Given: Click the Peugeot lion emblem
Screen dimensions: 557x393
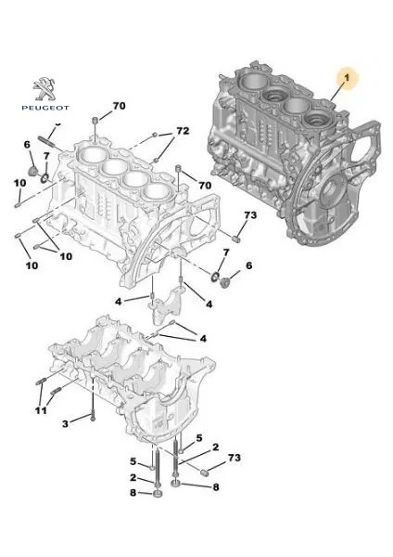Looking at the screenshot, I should point(43,88).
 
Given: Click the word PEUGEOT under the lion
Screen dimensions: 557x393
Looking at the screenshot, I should point(43,108).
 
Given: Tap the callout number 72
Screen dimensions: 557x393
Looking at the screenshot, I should point(183,130).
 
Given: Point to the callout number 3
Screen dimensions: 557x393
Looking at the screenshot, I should point(66,423).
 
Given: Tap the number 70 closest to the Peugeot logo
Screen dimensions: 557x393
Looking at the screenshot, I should point(119,105).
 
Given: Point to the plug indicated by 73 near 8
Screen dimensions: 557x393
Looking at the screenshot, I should point(201,474).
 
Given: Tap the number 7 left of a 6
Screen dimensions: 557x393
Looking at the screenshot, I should point(223,253).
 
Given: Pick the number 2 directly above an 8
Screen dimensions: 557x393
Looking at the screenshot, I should point(133,478).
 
